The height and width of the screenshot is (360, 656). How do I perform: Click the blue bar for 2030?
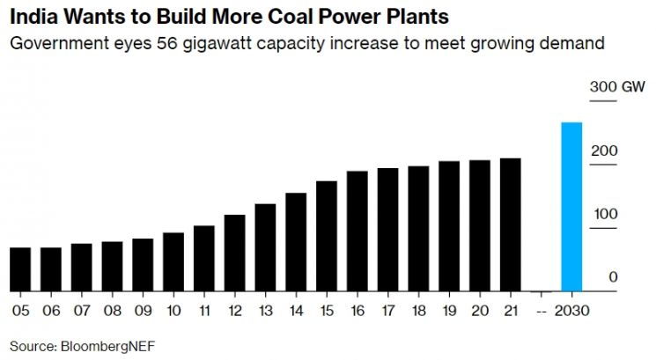(x=571, y=207)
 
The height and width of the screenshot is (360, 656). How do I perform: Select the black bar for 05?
(x=20, y=269)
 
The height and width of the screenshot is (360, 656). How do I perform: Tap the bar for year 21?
(x=511, y=224)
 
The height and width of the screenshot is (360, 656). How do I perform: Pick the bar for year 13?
(x=265, y=247)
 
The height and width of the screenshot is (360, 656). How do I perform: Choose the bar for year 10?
(x=173, y=261)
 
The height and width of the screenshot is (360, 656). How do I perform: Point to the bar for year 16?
(x=357, y=231)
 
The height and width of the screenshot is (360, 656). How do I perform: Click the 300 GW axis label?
(x=617, y=87)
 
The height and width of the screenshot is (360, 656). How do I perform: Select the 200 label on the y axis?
(x=604, y=151)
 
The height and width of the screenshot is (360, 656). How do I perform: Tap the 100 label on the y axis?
(x=606, y=214)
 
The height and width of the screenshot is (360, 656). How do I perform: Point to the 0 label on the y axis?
(x=613, y=276)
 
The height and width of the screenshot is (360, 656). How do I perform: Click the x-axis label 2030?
(x=571, y=311)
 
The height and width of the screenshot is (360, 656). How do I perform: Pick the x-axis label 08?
(x=112, y=311)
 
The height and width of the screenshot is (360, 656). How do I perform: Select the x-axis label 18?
(x=418, y=311)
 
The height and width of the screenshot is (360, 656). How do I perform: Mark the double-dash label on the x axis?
(x=542, y=312)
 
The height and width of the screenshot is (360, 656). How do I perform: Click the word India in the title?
(x=33, y=17)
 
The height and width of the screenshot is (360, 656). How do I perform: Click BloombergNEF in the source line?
(x=108, y=347)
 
